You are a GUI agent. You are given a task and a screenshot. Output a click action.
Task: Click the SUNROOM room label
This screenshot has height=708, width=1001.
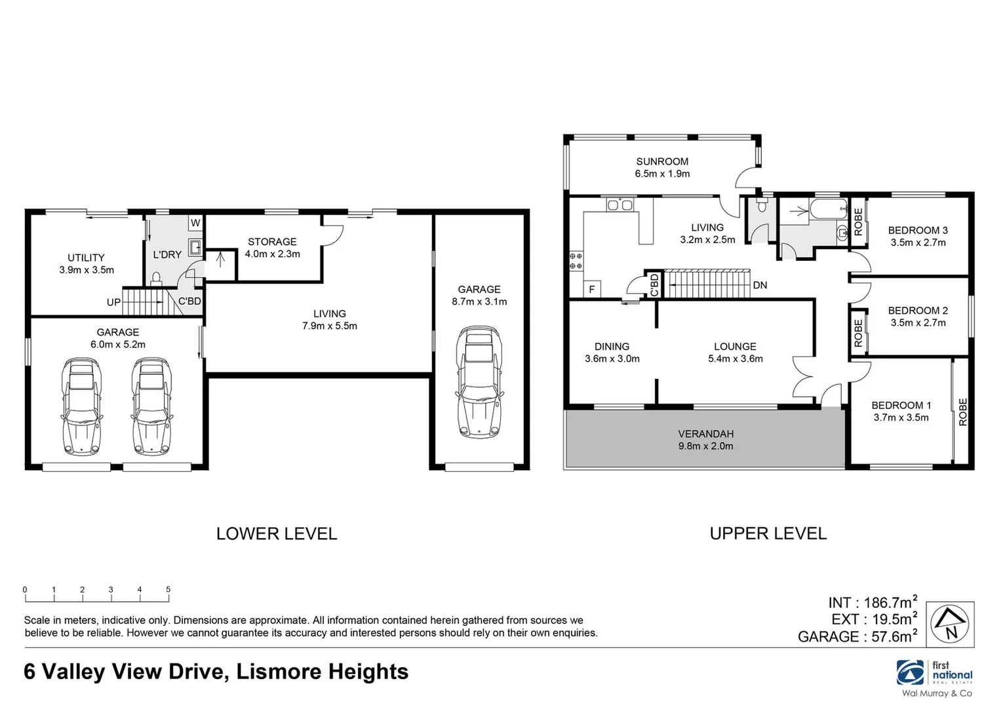662,162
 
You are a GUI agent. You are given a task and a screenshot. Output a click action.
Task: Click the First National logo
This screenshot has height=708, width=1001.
935,675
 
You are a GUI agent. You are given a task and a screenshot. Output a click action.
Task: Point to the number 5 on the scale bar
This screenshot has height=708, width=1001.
168,590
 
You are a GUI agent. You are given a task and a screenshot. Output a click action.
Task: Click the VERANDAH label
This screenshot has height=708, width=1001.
705,434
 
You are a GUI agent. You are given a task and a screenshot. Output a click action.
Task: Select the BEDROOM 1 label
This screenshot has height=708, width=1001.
901,406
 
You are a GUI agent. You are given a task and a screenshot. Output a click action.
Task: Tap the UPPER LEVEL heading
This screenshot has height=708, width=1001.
768,534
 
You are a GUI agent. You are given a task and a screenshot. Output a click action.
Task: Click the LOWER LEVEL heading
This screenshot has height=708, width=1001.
277,534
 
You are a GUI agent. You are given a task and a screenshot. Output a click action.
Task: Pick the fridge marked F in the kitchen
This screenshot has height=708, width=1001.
592,289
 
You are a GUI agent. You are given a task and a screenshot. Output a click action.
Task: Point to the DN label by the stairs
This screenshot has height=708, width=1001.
760,285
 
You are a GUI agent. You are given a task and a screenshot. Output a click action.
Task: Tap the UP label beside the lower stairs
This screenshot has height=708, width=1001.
113,302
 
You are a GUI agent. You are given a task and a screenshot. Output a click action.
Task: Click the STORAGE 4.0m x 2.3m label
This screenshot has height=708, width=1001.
272,248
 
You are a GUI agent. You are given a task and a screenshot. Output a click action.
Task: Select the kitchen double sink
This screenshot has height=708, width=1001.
619,205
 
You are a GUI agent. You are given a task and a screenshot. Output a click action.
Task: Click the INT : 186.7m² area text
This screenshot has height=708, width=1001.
872,602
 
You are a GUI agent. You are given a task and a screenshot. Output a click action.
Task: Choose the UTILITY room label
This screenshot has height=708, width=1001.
86,258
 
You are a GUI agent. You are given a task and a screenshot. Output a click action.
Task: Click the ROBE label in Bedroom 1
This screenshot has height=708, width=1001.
962,412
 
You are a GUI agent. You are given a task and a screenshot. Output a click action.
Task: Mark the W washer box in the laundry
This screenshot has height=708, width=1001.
195,223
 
